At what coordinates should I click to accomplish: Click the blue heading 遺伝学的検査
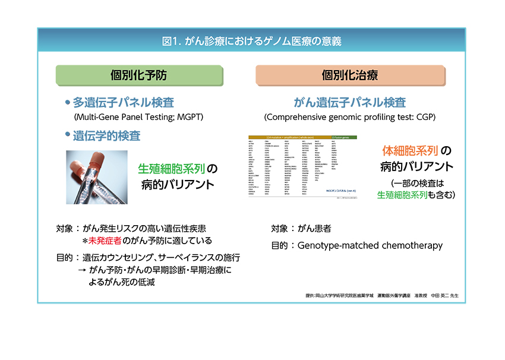coord(106,135)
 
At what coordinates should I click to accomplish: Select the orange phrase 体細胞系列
coord(410,151)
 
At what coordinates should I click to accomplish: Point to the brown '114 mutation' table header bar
coord(290,137)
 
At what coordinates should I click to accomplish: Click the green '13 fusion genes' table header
coord(343,137)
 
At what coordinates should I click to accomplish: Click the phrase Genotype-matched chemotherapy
coord(370,245)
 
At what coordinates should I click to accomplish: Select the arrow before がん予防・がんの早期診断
coord(81,270)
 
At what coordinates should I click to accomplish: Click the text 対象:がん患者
coord(301,228)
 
